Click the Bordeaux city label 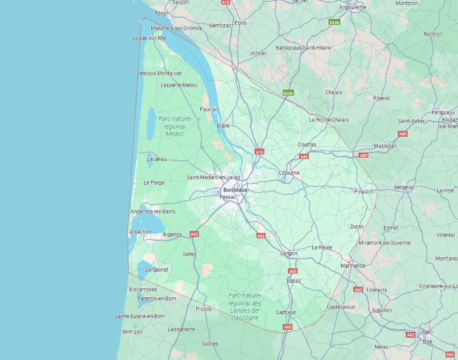coord(236,190)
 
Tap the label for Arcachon coord(140,231)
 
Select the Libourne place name coord(289,173)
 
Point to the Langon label coord(289,253)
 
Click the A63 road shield coord(194,234)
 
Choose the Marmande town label coord(353,266)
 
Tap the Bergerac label coord(404,187)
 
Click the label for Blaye coord(223,125)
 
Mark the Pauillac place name coord(209,109)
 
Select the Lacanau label coord(157,158)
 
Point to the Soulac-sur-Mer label coord(149,38)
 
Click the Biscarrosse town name coord(143,289)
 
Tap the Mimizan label coord(132,332)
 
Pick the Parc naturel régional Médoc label coord(171,126)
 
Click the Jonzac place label coord(258,52)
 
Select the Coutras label coord(307,144)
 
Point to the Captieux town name coord(286,312)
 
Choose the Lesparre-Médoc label coord(179,85)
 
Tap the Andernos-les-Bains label coord(153,211)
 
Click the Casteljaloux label coord(341,306)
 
